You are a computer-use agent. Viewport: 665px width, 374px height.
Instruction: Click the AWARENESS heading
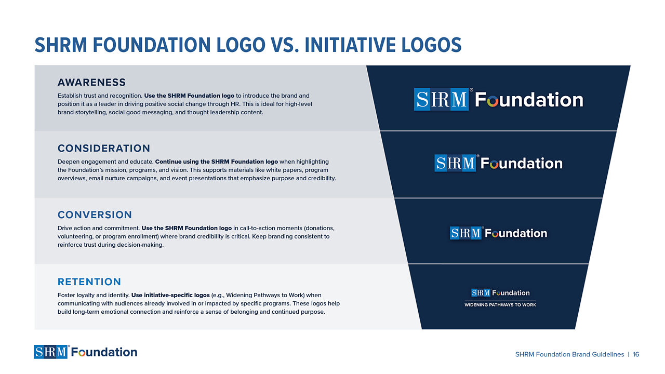[x=91, y=83]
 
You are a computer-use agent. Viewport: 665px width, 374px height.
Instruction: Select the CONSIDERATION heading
[x=104, y=149]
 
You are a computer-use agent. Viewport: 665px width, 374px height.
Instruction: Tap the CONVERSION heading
[x=95, y=215]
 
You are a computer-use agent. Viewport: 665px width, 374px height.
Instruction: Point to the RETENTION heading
[x=89, y=282]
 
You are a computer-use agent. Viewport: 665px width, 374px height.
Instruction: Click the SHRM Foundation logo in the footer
[x=86, y=352]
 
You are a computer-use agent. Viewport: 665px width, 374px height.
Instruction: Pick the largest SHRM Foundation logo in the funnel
[x=498, y=99]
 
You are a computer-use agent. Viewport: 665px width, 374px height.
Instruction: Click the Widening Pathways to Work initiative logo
[x=500, y=298]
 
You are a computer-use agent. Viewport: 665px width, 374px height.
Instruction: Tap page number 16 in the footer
[x=636, y=354]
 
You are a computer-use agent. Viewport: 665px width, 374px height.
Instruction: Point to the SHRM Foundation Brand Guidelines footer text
[x=569, y=354]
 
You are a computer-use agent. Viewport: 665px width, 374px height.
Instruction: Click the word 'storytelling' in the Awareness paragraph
[x=90, y=112]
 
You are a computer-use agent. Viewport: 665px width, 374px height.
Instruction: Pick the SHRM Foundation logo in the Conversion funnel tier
[x=498, y=233]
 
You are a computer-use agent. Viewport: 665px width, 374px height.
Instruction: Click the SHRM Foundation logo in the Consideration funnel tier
[x=498, y=163]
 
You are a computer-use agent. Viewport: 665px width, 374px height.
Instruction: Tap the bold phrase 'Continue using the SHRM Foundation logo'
[x=217, y=162]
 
